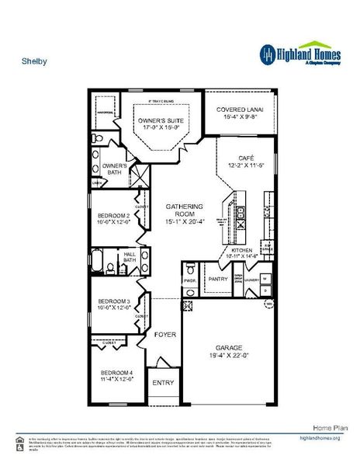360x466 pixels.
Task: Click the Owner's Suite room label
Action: tap(160, 122)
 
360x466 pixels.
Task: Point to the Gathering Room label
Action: tap(185, 211)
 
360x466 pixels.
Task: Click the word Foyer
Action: tap(164, 335)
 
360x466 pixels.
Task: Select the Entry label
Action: tap(164, 382)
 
